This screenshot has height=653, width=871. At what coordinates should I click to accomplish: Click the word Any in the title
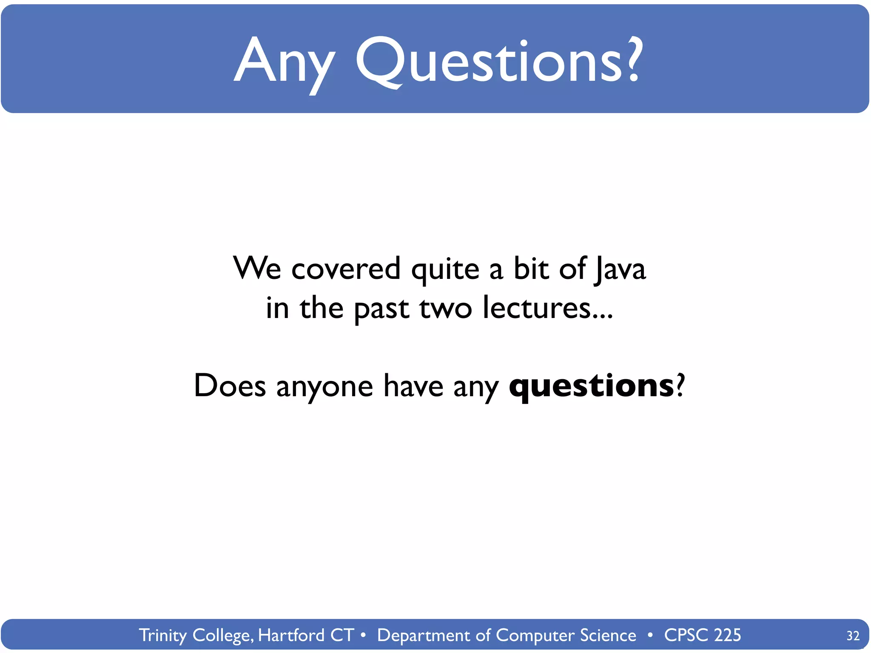[x=284, y=62]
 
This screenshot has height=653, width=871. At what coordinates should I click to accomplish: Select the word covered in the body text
[x=346, y=269]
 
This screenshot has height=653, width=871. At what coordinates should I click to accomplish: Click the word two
[x=446, y=308]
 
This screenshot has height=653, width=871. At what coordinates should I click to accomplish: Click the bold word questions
[x=591, y=386]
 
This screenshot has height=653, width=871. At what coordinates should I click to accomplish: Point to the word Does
[x=230, y=386]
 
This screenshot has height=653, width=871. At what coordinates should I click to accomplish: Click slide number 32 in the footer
[x=853, y=636]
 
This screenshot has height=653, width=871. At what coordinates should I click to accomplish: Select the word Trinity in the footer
[x=163, y=636]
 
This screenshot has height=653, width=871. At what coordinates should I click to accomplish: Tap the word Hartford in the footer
[x=291, y=635]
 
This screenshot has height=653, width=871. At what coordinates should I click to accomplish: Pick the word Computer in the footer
[x=535, y=636]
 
